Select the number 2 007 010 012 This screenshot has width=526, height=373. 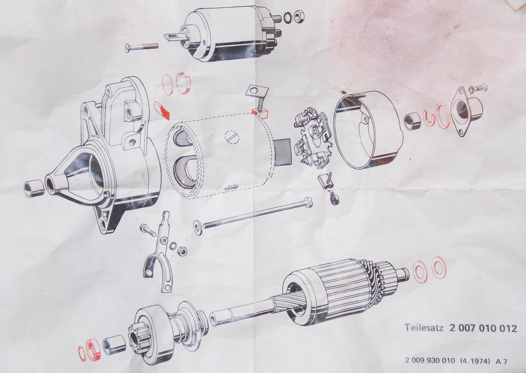coord(483,328)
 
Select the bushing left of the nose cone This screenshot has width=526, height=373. coord(33,187)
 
